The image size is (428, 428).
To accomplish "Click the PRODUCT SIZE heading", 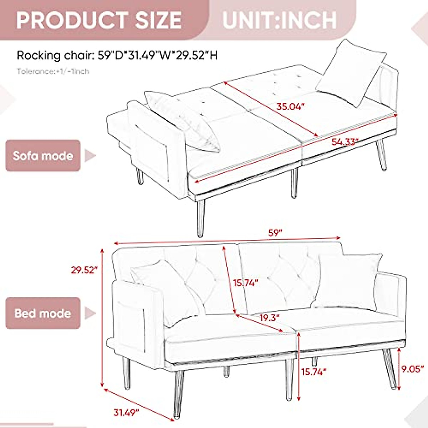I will coord(99,20).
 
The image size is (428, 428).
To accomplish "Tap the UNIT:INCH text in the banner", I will coord(279,20).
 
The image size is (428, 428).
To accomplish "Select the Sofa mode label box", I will coord(43,156).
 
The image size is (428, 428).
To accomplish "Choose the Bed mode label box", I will coord(43,313).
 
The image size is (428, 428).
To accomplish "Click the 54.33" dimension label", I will coord(345,142).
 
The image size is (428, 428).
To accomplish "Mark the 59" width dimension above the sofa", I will coord(275,233).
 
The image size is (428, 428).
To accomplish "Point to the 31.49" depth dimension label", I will coord(126,413).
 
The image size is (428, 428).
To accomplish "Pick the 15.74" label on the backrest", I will coord(246,283).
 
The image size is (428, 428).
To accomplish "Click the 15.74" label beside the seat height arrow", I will coord(314,372).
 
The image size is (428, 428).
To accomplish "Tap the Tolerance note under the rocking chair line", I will coord(53,71).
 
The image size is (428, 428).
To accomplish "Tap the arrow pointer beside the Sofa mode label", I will coord(90,156).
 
